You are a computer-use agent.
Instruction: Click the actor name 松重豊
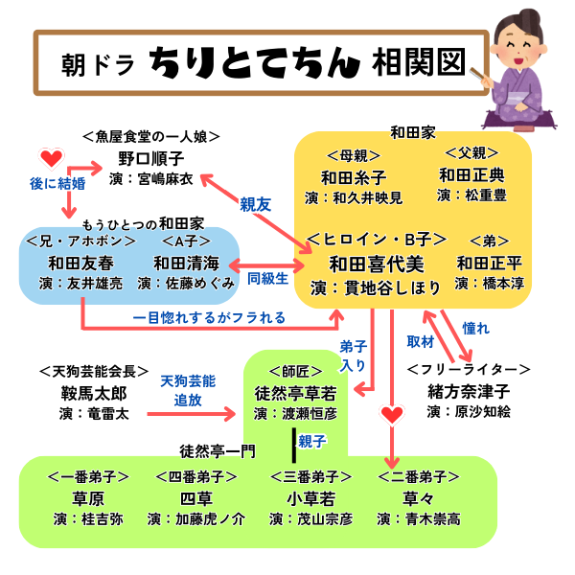pyautogui.click(x=483, y=195)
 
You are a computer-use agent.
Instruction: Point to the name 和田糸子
pyautogui.click(x=354, y=178)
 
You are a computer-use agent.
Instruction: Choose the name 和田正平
pyautogui.click(x=489, y=264)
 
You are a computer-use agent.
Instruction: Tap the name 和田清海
pyautogui.click(x=187, y=263)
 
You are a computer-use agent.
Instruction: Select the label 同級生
pyautogui.click(x=268, y=280)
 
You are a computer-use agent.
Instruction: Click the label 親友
pyautogui.click(x=254, y=204)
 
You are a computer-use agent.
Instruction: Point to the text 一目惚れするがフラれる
pyautogui.click(x=208, y=317)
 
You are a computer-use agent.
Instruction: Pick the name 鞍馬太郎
pyautogui.click(x=93, y=393)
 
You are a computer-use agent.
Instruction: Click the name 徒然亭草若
pyautogui.click(x=294, y=393)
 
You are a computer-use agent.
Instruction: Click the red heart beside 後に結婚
pyautogui.click(x=52, y=157)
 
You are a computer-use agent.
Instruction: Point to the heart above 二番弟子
pyautogui.click(x=391, y=414)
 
